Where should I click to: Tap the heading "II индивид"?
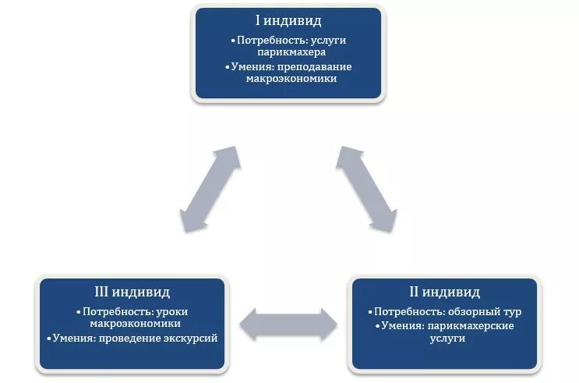[444, 293]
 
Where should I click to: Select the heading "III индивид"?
[134, 293]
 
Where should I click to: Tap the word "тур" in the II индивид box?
[512, 311]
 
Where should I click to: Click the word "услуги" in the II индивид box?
[444, 339]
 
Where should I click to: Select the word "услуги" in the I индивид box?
[333, 39]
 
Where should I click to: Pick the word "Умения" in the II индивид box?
[402, 325]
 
